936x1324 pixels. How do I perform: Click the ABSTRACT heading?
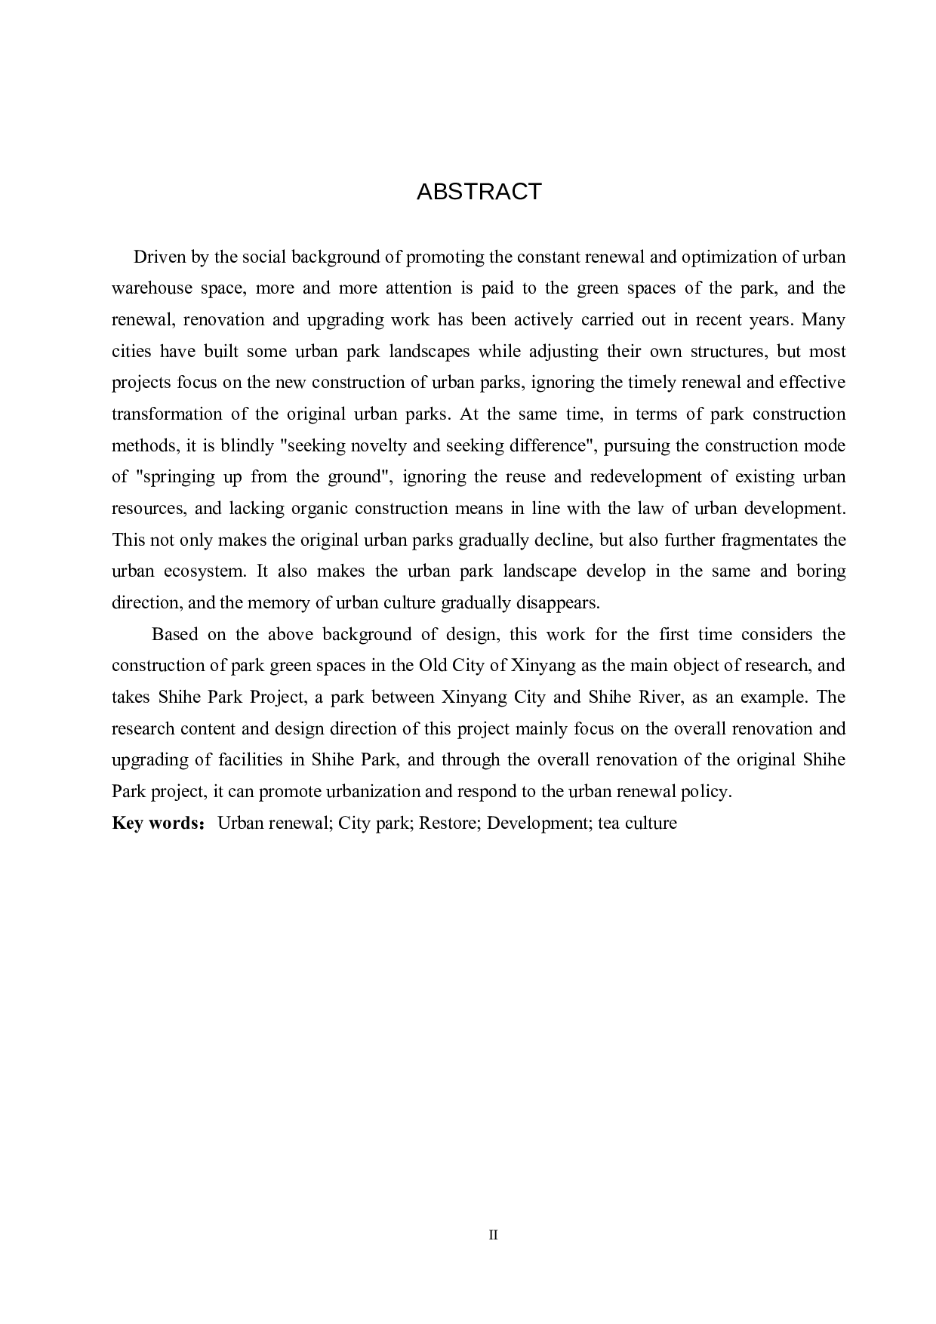click(x=479, y=192)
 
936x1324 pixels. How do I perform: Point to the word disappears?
click(x=558, y=603)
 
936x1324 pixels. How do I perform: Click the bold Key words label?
click(x=155, y=823)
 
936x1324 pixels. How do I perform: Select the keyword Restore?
click(x=450, y=823)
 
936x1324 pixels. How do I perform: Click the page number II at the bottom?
click(x=494, y=1236)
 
